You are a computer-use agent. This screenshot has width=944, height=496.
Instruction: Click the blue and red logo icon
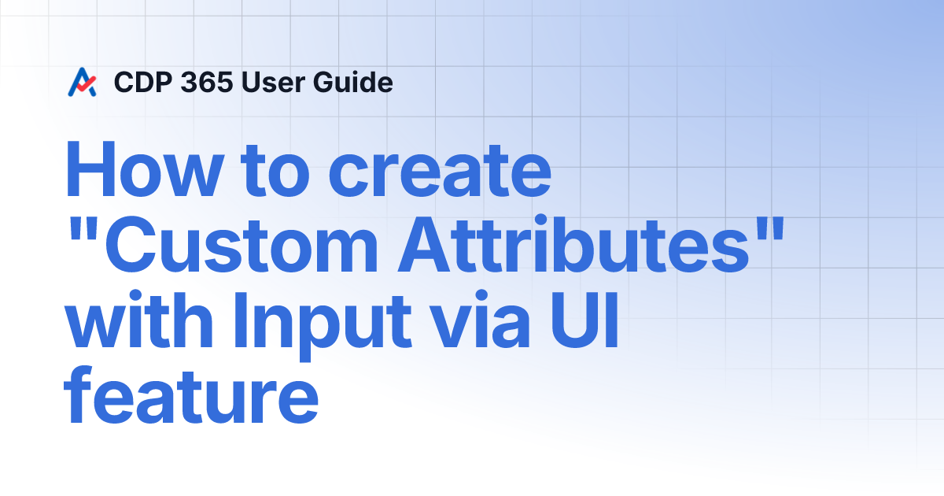click(83, 82)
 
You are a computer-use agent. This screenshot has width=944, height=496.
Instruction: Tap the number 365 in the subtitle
click(204, 82)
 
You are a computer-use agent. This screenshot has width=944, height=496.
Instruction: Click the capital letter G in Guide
click(326, 82)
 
